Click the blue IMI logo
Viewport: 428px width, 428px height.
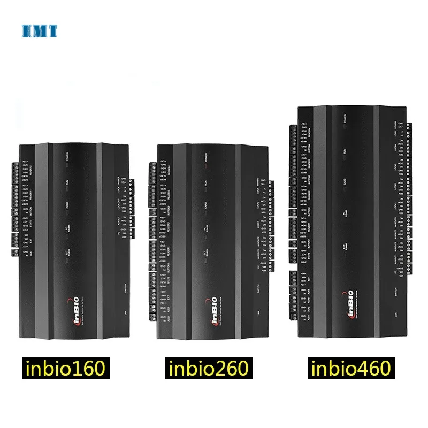39,30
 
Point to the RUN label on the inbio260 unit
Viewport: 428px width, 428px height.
206,182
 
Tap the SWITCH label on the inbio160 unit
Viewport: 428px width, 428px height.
124,288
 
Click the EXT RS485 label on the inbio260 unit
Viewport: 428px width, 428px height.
205,254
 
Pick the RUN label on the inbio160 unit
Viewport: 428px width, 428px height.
67,182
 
